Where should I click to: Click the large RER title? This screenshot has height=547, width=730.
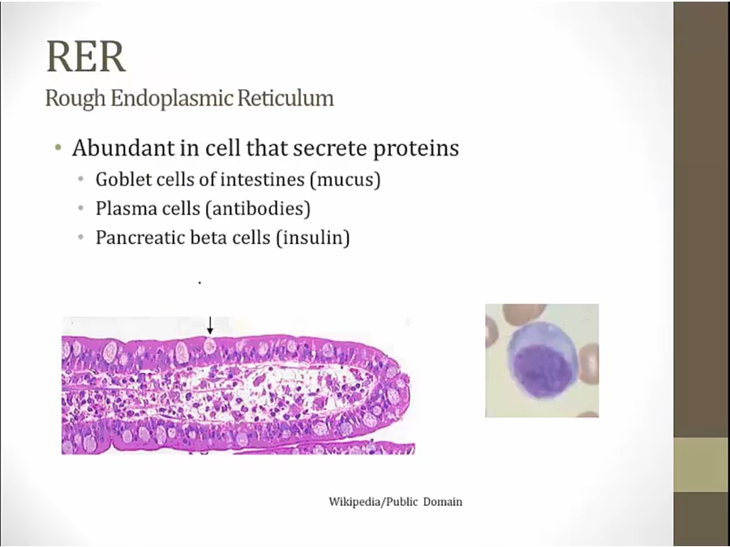pyautogui.click(x=86, y=56)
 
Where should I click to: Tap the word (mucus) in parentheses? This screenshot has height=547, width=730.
pyautogui.click(x=345, y=180)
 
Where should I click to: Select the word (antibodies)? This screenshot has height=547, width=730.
pyautogui.click(x=257, y=209)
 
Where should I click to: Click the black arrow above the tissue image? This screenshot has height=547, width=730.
pyautogui.click(x=210, y=326)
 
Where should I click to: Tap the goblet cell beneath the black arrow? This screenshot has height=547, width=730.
pyautogui.click(x=210, y=346)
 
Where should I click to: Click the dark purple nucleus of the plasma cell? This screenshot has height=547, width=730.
pyautogui.click(x=543, y=370)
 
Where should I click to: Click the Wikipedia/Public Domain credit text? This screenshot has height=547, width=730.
pyautogui.click(x=395, y=502)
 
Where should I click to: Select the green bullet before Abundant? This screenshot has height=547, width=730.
pyautogui.click(x=58, y=148)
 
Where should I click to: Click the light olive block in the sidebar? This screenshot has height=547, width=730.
pyautogui.click(x=702, y=464)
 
